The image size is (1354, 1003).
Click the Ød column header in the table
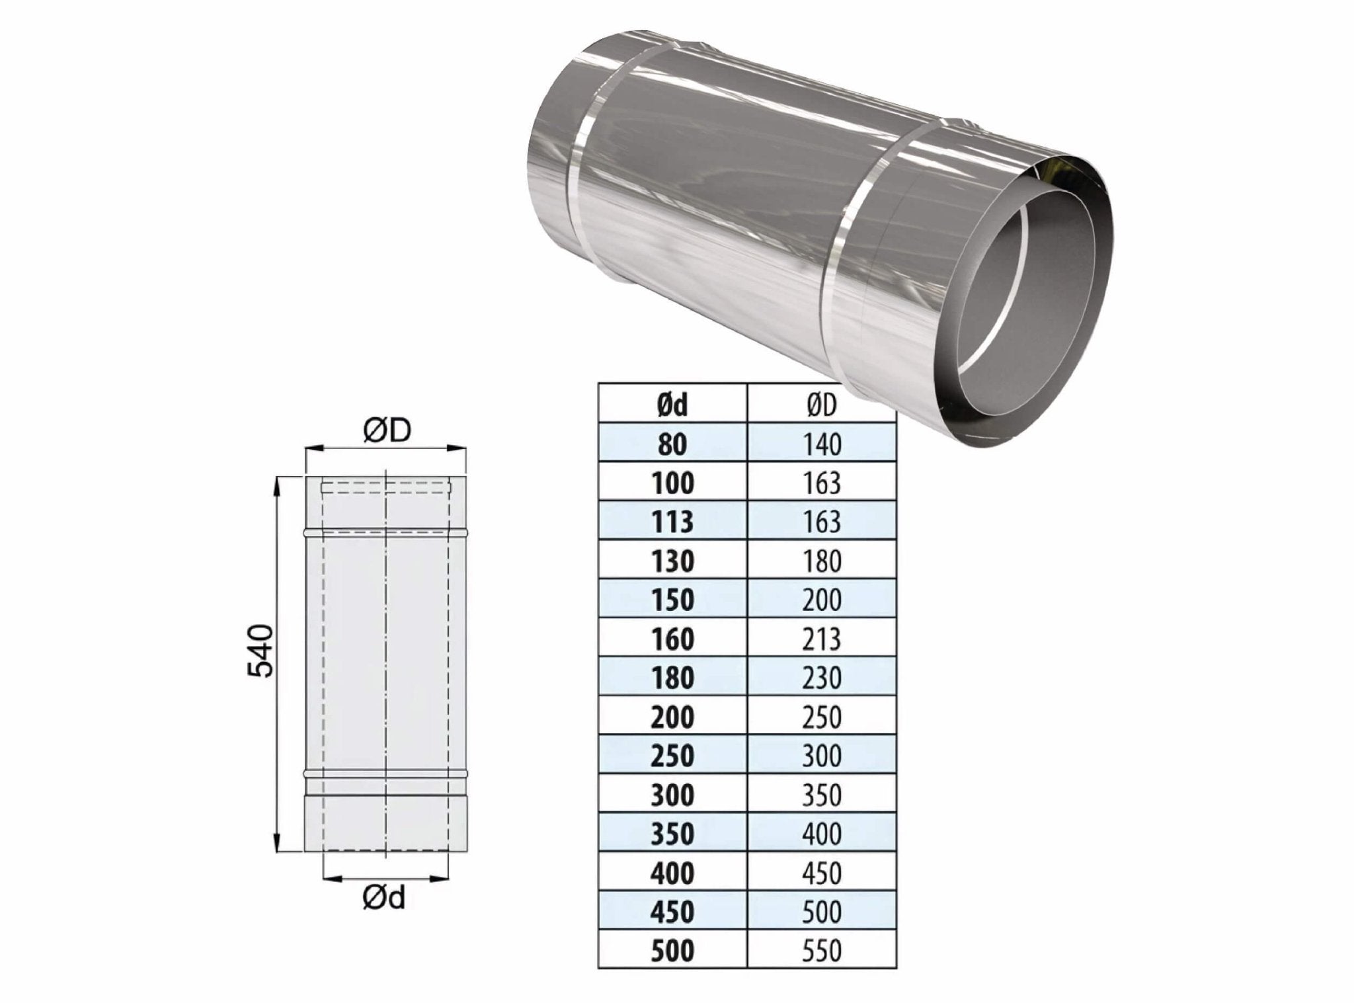tap(672, 405)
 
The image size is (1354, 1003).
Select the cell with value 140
tap(822, 444)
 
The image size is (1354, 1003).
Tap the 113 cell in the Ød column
tap(672, 522)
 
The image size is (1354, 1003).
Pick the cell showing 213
tap(822, 639)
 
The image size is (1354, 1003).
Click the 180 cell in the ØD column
tap(822, 561)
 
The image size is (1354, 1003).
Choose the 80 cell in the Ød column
tap(672, 444)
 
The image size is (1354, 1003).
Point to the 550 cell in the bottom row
tap(822, 951)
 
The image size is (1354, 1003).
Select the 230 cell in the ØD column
tap(822, 678)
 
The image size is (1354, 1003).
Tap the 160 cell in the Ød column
tap(672, 639)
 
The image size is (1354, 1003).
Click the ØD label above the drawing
tap(387, 430)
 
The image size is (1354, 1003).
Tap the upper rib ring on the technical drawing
tap(385, 532)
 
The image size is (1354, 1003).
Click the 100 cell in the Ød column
tap(672, 483)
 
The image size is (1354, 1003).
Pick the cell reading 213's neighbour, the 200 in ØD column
tap(822, 600)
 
